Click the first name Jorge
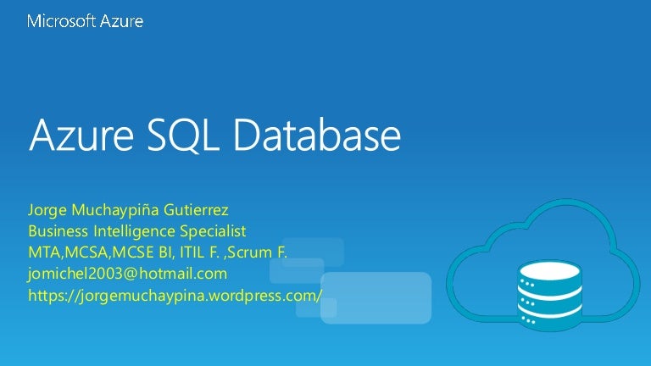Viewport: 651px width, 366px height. (x=47, y=210)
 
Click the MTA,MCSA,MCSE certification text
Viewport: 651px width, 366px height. (x=92, y=252)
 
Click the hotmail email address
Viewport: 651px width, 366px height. (x=128, y=274)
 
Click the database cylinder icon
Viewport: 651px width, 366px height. (x=550, y=289)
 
